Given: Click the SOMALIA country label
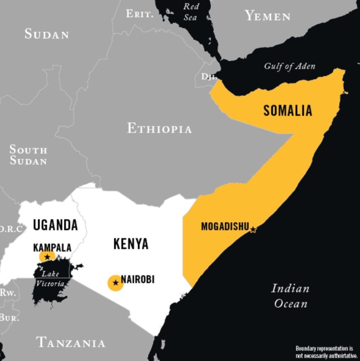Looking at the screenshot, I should click(x=288, y=110).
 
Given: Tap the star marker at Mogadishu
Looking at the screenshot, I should click(x=253, y=230).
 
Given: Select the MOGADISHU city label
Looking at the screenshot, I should click(x=225, y=227).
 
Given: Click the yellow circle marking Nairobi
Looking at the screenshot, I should click(x=115, y=283).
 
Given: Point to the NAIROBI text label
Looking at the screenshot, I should click(x=138, y=280).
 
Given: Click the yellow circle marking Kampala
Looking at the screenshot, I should click(x=47, y=257).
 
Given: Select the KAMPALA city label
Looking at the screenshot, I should click(x=52, y=247).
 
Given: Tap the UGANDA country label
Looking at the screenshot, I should click(x=55, y=225).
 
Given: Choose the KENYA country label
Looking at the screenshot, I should click(x=131, y=244).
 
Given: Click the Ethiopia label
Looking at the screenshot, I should click(x=159, y=128).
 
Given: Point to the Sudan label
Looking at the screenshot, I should click(x=47, y=34).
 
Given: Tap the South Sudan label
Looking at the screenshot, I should click(x=28, y=155).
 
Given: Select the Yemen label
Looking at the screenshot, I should click(x=268, y=16).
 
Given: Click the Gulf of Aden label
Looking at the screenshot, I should click(x=289, y=66).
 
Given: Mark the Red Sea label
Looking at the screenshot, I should click(x=191, y=12).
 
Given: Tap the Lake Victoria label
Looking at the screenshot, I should click(x=50, y=279).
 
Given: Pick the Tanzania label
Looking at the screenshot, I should click(x=71, y=342).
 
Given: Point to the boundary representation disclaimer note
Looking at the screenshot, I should click(x=326, y=352).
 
